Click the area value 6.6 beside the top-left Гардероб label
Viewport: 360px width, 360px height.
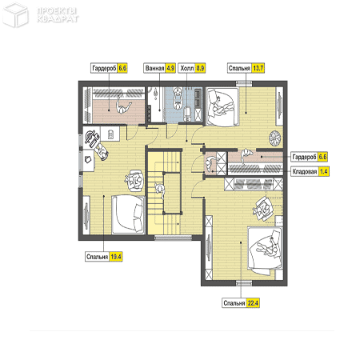(x=122, y=68)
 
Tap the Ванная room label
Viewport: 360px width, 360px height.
(x=154, y=68)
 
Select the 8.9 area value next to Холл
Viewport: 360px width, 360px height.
(x=200, y=68)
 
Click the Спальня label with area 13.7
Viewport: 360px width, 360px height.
(x=239, y=68)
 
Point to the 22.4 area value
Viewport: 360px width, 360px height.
(x=253, y=303)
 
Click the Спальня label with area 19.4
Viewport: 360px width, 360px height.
(x=97, y=257)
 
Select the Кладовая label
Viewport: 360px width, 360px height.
(x=305, y=171)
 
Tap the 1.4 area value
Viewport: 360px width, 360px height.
(x=324, y=171)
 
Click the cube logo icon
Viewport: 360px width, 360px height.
(x=15, y=15)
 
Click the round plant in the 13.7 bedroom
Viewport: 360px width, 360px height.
(x=275, y=138)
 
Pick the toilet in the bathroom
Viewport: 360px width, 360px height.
(x=188, y=113)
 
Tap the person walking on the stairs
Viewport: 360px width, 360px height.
(x=161, y=190)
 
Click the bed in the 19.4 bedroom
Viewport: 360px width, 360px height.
(x=129, y=214)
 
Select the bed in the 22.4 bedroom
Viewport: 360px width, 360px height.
(x=265, y=250)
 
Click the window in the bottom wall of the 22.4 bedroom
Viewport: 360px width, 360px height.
(x=244, y=283)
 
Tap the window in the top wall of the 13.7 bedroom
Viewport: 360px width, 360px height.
(x=244, y=83)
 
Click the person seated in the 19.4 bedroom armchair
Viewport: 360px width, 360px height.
(x=135, y=180)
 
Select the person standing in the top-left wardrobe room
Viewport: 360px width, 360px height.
(x=123, y=106)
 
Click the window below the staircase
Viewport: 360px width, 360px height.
(x=174, y=238)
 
